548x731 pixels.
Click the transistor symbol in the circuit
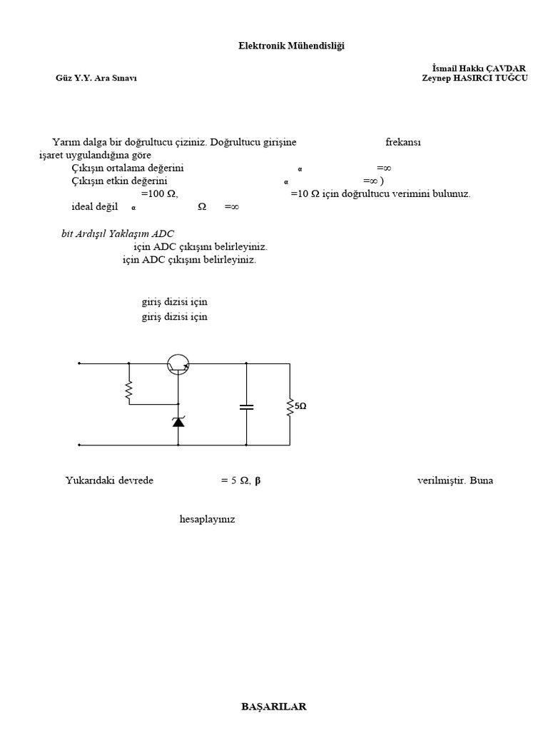click(178, 365)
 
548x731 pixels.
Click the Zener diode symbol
click(178, 421)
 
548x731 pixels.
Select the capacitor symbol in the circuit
click(246, 407)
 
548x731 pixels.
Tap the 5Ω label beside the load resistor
click(301, 406)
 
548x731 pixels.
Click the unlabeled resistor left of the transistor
click(129, 390)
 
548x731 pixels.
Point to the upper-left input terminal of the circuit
click(79, 363)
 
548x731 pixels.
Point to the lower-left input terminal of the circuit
click(79, 445)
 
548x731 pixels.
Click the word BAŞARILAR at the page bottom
click(274, 707)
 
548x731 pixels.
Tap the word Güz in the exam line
click(64, 78)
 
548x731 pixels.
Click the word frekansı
click(403, 142)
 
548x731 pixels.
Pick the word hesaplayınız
click(207, 519)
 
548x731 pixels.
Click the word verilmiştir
click(441, 480)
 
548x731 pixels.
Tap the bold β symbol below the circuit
click(258, 480)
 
